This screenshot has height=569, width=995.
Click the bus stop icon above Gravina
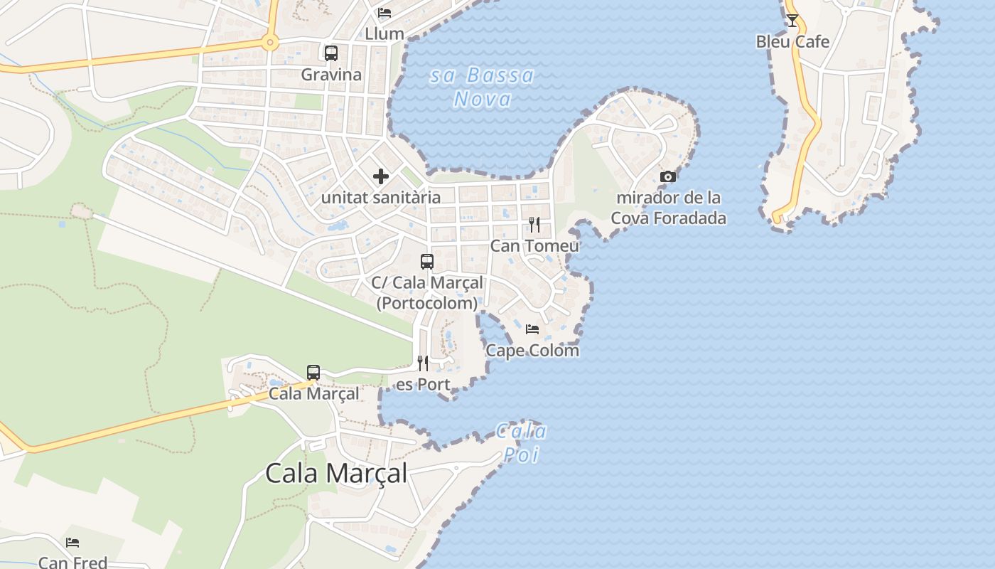point(331,53)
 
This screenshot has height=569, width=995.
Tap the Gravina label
point(331,75)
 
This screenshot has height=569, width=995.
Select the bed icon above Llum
point(384,13)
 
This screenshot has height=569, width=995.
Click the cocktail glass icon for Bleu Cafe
point(792,21)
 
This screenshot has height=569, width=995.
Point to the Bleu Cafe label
point(792,42)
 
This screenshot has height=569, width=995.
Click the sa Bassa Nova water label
point(482,87)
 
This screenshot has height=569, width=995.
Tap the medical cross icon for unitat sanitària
point(381,176)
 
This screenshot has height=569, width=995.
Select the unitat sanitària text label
point(381,198)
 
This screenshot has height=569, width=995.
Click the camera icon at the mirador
point(668,176)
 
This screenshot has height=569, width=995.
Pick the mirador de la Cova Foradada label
point(668,208)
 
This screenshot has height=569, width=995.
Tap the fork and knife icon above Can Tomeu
point(534,225)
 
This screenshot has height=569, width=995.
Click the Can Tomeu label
point(534,246)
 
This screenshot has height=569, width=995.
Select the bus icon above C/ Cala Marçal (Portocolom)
point(427,261)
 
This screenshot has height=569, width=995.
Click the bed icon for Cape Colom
point(532,329)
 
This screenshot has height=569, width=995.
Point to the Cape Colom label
point(532,351)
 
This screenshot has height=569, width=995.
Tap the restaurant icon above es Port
point(423,363)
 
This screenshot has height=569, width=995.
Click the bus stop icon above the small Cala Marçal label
point(313,372)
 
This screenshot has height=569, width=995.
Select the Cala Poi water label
point(522,442)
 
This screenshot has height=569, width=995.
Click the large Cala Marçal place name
point(336,473)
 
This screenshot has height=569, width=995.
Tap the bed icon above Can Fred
point(72,543)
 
